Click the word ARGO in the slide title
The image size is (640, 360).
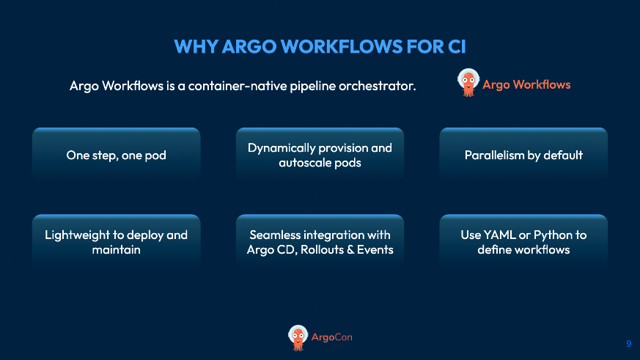point(263,46)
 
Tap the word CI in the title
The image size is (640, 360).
point(454,46)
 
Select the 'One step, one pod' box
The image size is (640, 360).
point(117,155)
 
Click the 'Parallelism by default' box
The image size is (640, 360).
point(523,155)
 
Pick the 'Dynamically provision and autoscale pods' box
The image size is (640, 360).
point(320,155)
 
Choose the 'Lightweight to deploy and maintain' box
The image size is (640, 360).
point(117,242)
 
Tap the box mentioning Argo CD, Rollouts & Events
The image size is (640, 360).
point(320,242)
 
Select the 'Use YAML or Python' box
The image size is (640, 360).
point(523,242)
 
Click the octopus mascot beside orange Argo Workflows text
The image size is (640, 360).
point(467,83)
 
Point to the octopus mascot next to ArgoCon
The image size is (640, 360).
point(298,336)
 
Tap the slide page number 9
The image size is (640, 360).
point(628,343)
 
